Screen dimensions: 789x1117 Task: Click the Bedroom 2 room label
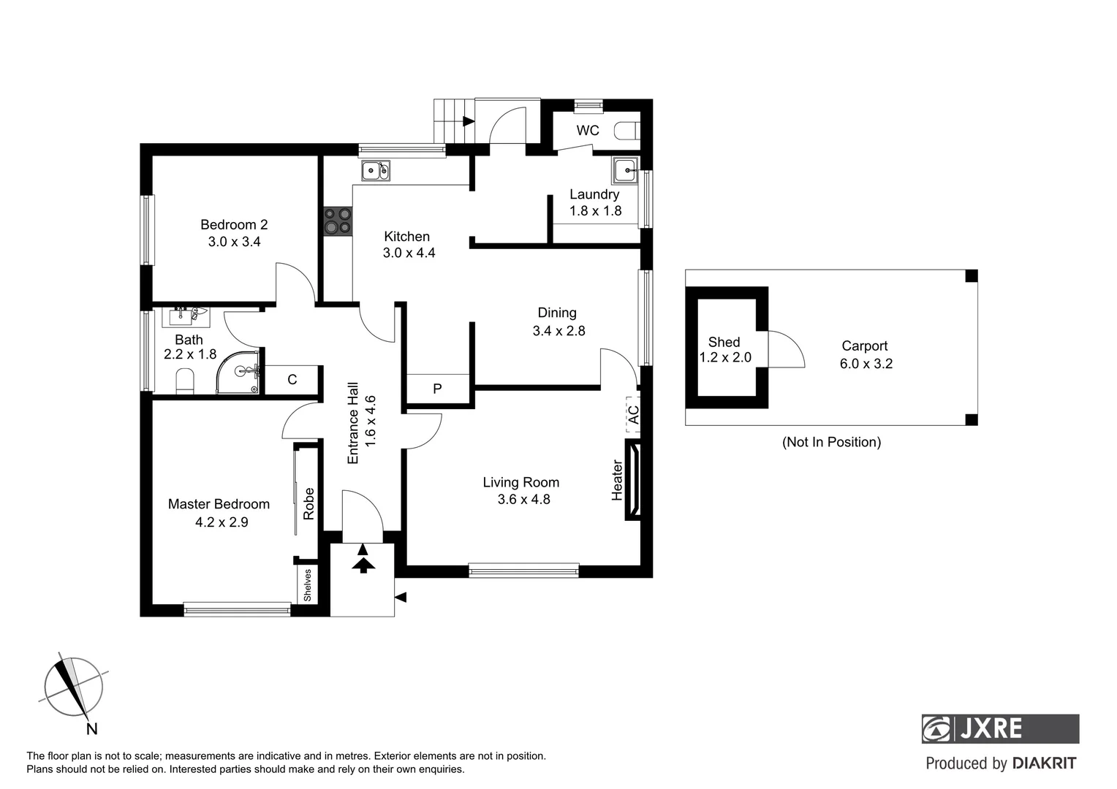point(234,225)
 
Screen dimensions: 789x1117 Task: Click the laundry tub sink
point(625,171)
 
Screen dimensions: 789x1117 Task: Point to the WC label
point(588,131)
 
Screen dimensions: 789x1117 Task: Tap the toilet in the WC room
point(627,131)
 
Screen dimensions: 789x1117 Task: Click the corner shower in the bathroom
point(240,373)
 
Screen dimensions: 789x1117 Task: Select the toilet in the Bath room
point(185,381)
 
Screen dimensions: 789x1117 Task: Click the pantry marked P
point(437,389)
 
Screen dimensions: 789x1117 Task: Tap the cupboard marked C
point(292,380)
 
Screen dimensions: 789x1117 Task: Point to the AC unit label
point(634,415)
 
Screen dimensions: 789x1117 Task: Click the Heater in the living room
point(633,479)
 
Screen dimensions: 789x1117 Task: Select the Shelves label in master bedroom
point(308,585)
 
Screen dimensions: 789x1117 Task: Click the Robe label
point(308,503)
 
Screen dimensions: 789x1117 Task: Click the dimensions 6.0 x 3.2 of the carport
point(866,364)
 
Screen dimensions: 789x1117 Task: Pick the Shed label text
point(724,342)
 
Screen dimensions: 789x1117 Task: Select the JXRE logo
point(999,728)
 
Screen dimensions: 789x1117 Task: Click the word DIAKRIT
point(1044,763)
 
